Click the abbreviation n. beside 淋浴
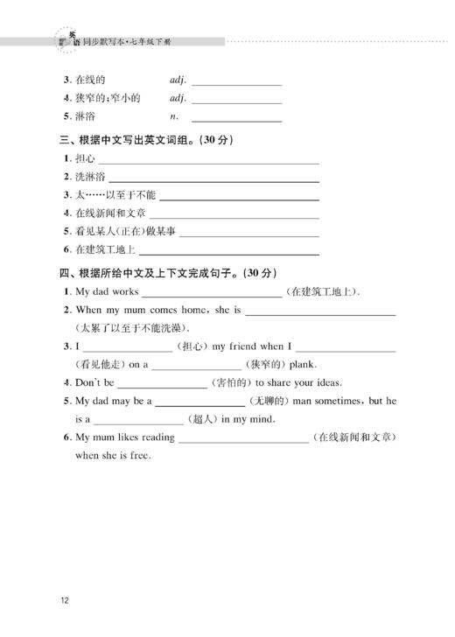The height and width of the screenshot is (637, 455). pyautogui.click(x=174, y=115)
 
